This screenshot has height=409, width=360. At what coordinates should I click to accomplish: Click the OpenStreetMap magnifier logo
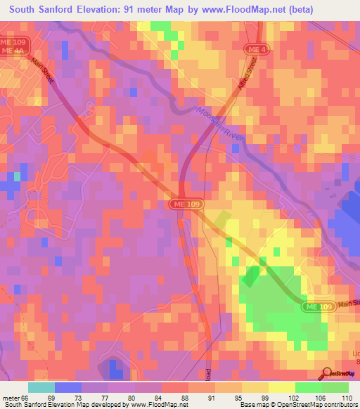[x=326, y=373]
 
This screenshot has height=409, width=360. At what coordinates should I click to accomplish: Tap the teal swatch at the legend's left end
[x=41, y=387]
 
